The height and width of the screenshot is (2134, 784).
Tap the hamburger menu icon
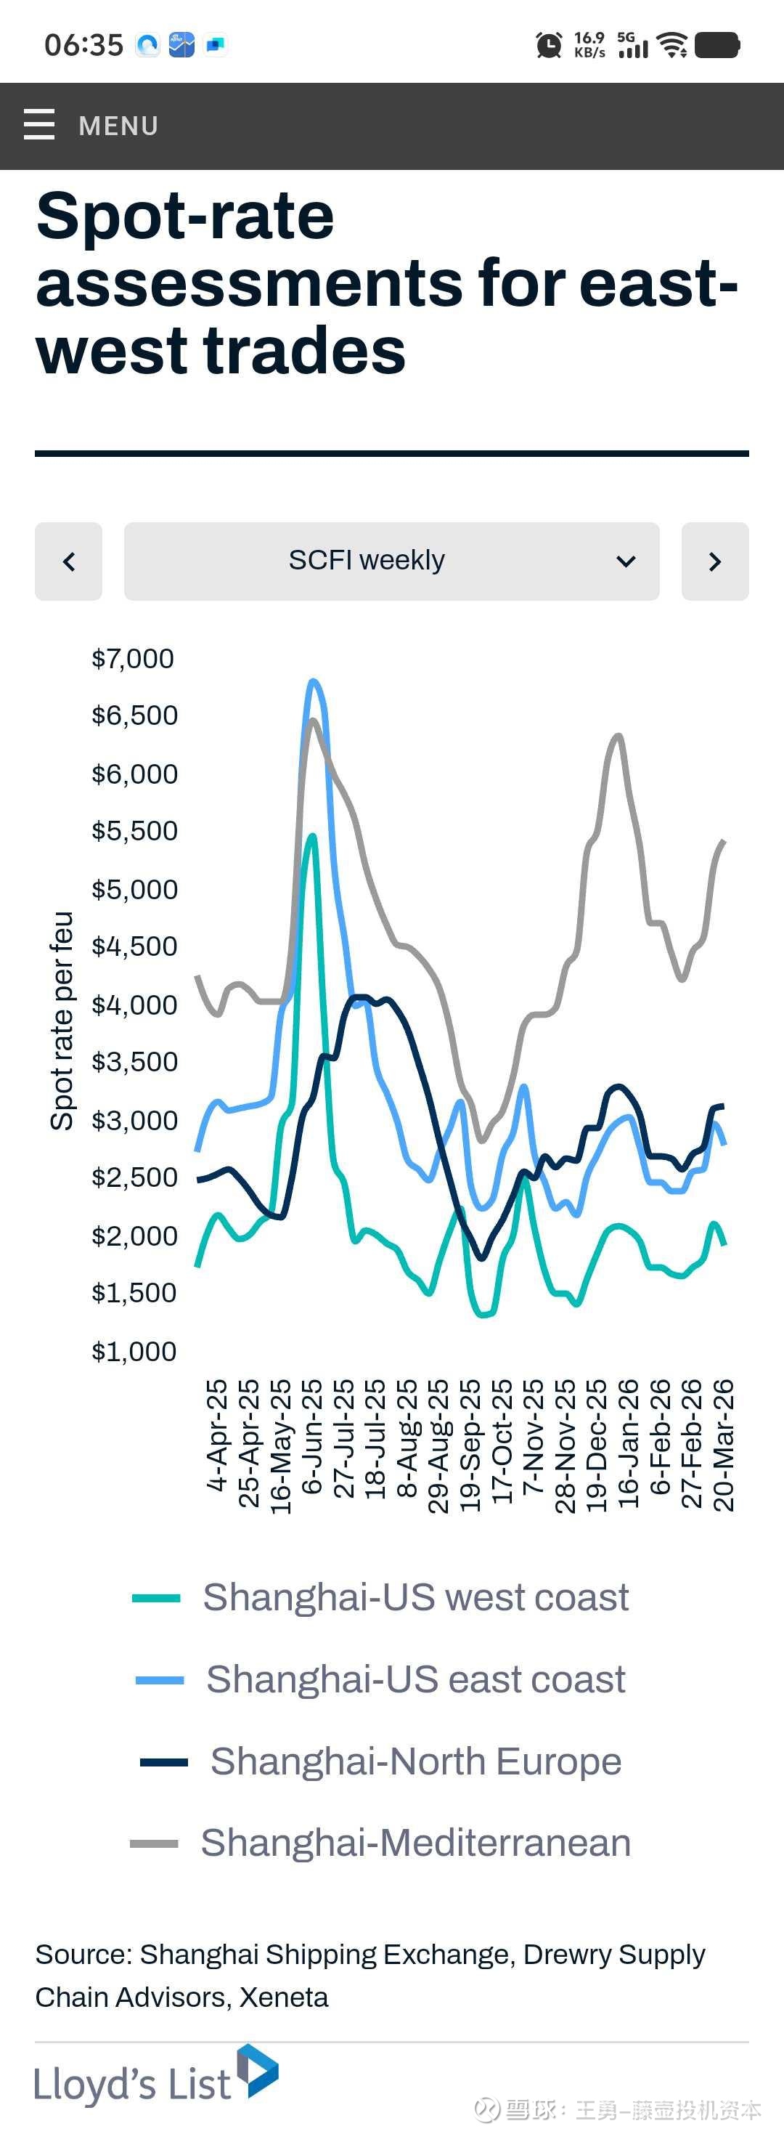[x=39, y=125]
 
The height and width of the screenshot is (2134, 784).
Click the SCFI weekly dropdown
[x=391, y=561]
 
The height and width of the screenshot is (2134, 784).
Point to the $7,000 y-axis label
[x=132, y=659]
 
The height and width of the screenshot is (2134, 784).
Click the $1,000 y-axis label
[x=134, y=1351]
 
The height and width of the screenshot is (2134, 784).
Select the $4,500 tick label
[x=134, y=946]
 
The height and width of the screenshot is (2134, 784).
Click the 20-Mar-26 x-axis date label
[x=724, y=1445]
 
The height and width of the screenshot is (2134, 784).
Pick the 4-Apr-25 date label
[x=217, y=1435]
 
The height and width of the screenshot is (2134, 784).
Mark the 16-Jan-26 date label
[x=629, y=1443]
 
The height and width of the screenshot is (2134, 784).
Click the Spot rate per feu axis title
[x=62, y=1021]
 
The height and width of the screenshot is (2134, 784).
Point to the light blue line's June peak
[x=313, y=682]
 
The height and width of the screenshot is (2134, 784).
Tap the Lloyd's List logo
[x=155, y=2077]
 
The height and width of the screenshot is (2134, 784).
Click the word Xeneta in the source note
[x=284, y=1997]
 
